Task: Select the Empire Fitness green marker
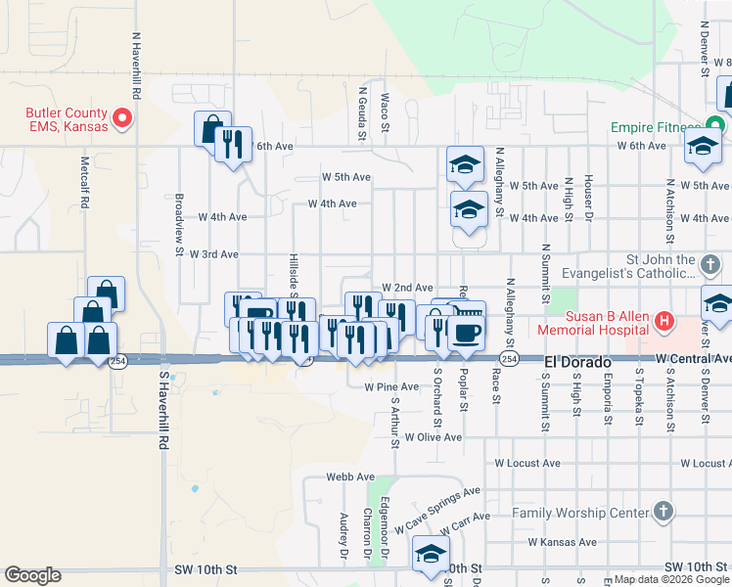point(717,127)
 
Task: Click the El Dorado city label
point(577,362)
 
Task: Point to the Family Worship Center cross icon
point(663,512)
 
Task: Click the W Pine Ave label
point(391,387)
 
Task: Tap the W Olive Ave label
point(433,437)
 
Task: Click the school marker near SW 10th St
point(430,553)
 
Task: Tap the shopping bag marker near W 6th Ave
point(211,128)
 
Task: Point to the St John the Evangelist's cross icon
point(711,263)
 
